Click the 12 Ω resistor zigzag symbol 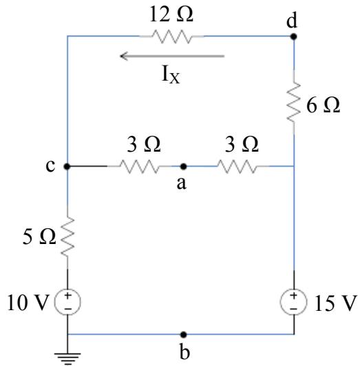point(171,37)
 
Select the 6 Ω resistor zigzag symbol point(293,102)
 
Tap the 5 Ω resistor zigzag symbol point(67,237)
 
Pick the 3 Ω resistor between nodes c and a point(140,166)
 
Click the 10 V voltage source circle point(67,302)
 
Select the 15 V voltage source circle point(293,302)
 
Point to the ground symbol point(67,359)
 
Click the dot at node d point(293,37)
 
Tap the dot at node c point(67,166)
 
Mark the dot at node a point(184,166)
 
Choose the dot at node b point(184,334)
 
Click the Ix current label point(171,74)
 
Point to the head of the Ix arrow point(120,56)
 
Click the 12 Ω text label point(171,14)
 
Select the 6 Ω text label point(323,105)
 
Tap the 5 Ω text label point(39,236)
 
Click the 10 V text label point(28,303)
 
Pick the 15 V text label point(336,303)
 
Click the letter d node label point(292,20)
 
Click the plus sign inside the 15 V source point(293,295)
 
